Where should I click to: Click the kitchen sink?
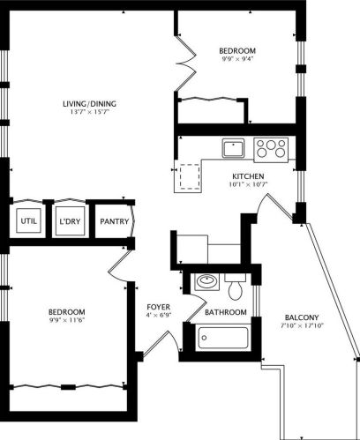(233, 148)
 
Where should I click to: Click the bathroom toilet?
(235, 287)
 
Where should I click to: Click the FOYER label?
(159, 307)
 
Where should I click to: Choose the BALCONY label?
(302, 317)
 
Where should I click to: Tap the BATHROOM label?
(224, 312)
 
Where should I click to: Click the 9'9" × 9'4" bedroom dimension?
(237, 60)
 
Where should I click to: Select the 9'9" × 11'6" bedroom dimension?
(67, 322)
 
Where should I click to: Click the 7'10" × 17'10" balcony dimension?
(302, 327)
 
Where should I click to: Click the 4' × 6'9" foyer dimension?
(159, 316)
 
